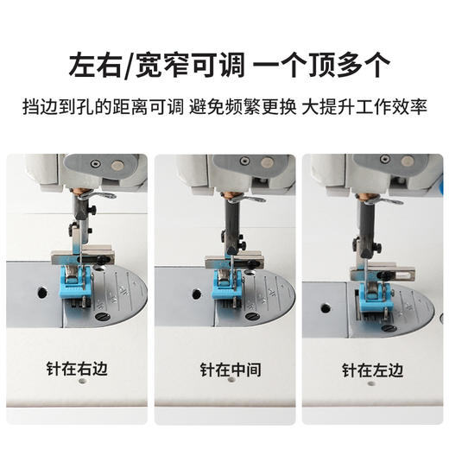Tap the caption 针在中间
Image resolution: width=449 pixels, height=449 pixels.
tap(224, 370)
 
